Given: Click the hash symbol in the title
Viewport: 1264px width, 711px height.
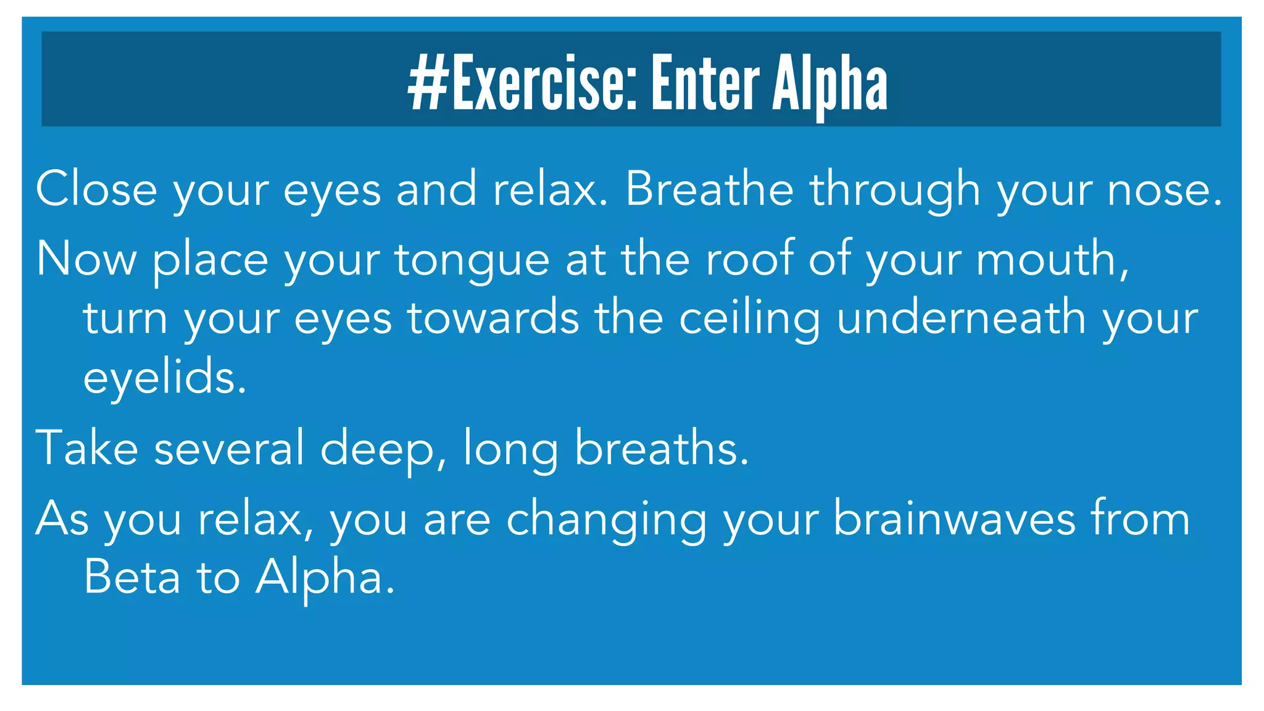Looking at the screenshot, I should coord(428,83).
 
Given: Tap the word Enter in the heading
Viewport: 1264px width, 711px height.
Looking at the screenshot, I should coord(705,83).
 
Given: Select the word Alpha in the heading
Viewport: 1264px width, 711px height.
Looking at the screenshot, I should coord(830,84).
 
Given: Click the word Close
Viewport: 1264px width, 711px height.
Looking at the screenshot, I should coord(96,189).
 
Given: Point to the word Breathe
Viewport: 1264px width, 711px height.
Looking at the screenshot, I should coord(709,189).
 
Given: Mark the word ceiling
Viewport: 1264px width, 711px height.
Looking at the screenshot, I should coord(749,318).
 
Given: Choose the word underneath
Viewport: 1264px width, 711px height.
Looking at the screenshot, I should coord(961,317).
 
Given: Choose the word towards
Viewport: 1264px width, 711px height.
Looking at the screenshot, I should coord(493,317).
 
